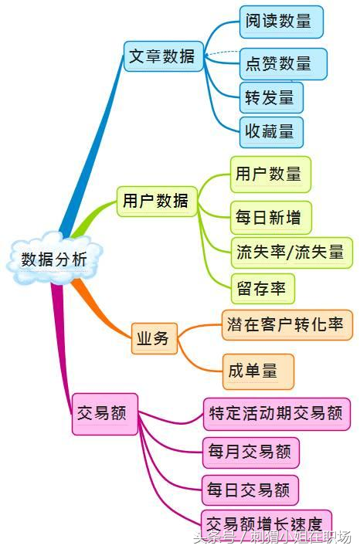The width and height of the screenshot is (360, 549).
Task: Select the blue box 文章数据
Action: point(162,56)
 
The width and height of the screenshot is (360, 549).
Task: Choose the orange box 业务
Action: point(155,337)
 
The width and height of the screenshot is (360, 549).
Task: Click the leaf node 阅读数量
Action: point(280,22)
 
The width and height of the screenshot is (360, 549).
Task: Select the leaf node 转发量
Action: point(270,98)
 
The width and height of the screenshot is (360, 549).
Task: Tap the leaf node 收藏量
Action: point(270,132)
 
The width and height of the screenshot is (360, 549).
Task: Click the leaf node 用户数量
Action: point(270,174)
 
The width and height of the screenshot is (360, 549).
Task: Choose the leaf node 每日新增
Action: point(270,217)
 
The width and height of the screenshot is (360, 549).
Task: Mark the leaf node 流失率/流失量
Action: point(291,252)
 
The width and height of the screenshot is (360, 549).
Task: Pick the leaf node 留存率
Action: point(263,289)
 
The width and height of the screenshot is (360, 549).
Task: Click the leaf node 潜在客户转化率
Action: point(287,324)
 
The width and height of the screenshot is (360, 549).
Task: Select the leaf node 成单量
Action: point(257,371)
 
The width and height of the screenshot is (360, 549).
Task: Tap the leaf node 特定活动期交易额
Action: point(277,414)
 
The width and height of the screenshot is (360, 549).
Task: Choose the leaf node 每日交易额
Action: point(250,490)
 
